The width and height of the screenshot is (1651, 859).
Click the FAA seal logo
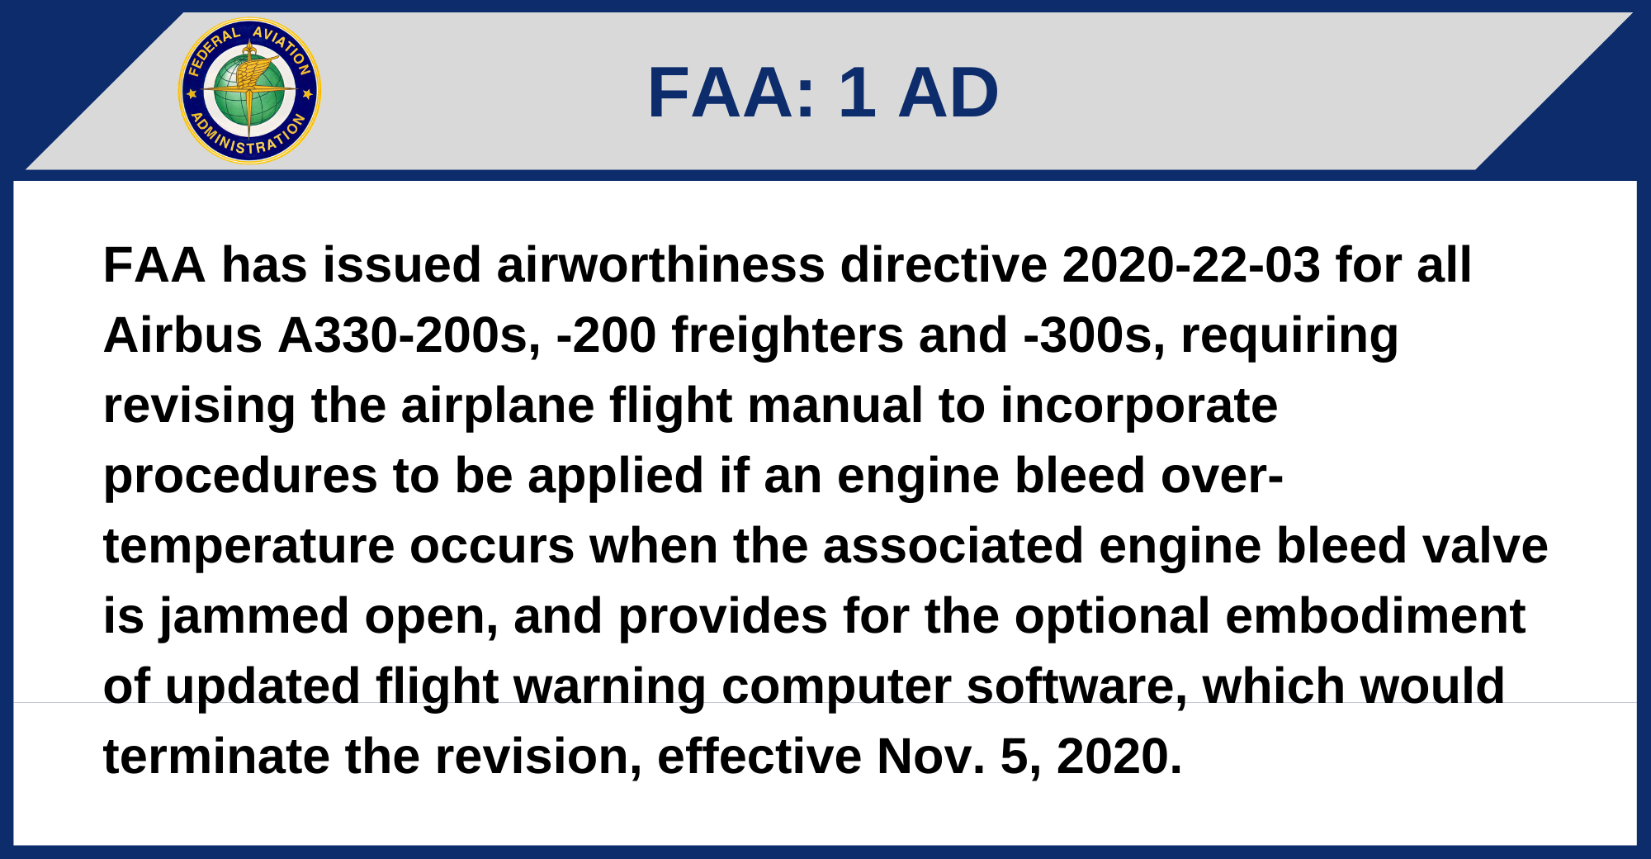[249, 91]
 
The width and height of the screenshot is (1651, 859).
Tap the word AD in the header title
[948, 93]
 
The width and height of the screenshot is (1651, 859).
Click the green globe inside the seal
[249, 91]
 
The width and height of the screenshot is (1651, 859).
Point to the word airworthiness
[660, 265]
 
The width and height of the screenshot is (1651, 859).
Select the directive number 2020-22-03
[1190, 265]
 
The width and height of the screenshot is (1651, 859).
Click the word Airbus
[182, 335]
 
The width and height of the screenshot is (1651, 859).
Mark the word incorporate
[1139, 407]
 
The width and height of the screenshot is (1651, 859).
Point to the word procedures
[240, 477]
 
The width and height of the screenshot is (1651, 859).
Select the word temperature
[248, 548]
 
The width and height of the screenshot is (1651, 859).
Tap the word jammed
[253, 618]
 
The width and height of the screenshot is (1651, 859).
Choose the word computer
[835, 688]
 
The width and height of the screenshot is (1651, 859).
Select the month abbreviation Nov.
[930, 757]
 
